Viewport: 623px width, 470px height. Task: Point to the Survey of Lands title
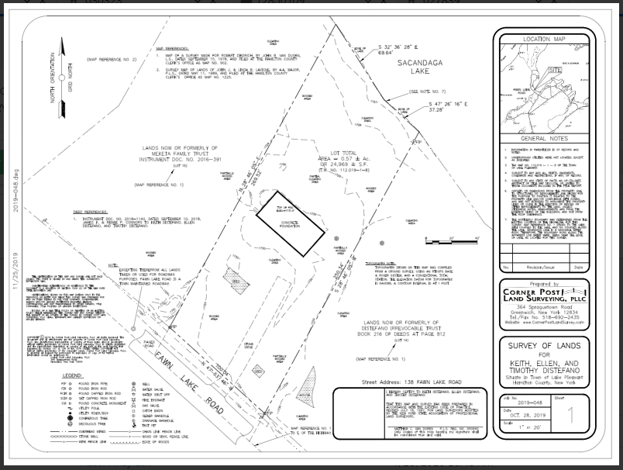click(544, 345)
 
